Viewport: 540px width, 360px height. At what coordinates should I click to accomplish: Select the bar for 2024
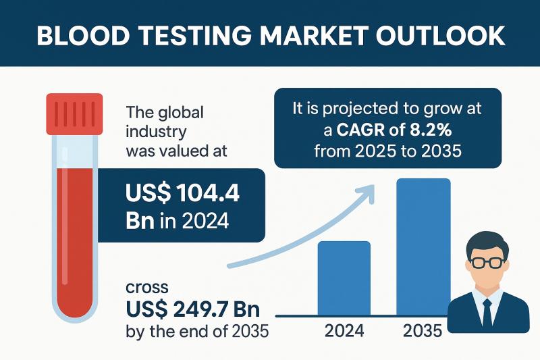344,278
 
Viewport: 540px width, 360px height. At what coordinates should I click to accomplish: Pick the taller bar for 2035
423,247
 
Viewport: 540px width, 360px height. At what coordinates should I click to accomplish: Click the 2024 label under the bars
344,331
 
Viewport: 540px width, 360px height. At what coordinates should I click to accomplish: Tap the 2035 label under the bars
423,331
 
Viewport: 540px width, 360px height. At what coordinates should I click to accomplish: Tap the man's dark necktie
487,313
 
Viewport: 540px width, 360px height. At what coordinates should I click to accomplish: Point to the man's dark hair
487,240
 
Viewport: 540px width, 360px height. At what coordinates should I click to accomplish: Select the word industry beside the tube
157,130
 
